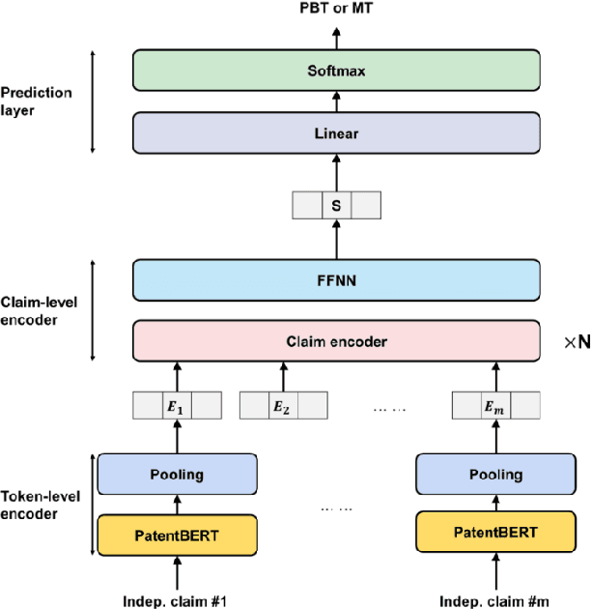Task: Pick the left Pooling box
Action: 177,475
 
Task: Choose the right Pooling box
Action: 495,475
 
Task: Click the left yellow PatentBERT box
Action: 177,534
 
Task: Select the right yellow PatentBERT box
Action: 495,534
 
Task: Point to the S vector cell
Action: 336,205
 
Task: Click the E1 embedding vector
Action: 177,406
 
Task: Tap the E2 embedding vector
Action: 283,406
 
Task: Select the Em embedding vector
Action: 495,406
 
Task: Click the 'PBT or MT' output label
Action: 336,10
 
